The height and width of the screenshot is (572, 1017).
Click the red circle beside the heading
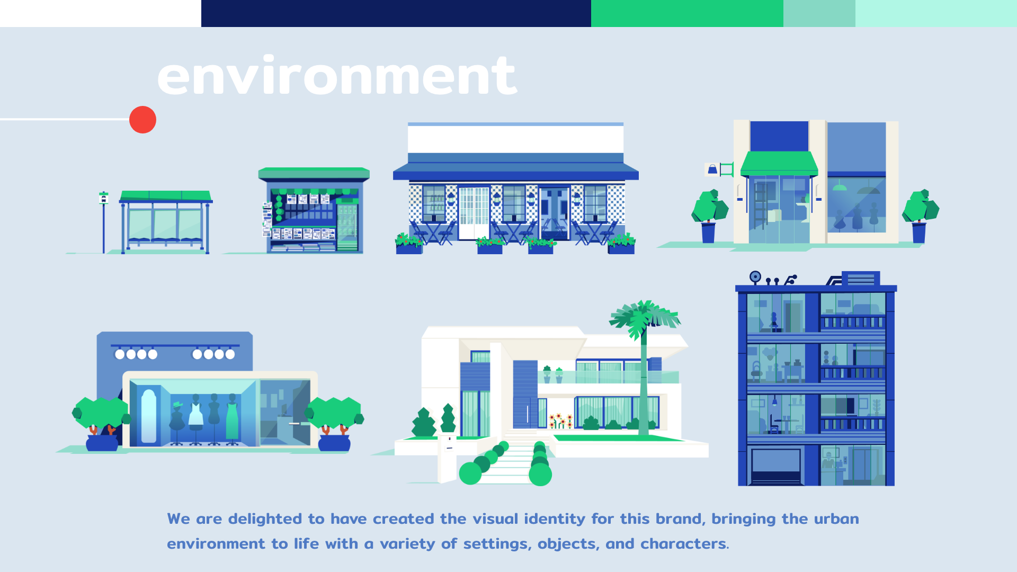[142, 120]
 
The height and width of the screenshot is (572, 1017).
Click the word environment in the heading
[337, 76]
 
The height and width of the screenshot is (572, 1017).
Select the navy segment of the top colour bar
[396, 13]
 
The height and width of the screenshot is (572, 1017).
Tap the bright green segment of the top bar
[687, 13]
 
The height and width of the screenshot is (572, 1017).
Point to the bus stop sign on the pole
[104, 198]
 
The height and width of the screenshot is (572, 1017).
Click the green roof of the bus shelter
[166, 196]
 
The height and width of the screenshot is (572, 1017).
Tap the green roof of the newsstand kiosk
[314, 174]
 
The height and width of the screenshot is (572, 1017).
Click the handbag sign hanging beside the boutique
[712, 169]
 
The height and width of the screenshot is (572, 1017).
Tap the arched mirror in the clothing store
[149, 416]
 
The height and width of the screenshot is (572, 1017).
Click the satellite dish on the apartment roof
[755, 277]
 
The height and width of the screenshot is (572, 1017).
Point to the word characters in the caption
[683, 543]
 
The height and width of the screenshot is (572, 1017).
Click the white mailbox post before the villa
[448, 459]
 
